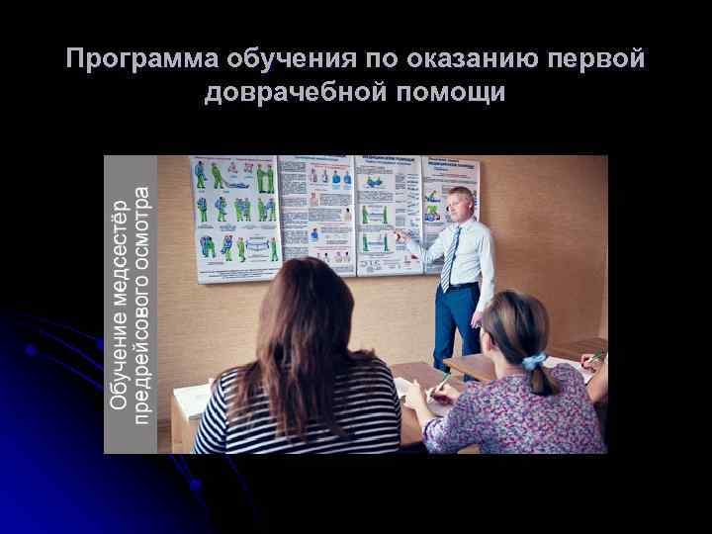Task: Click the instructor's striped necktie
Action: (451, 258)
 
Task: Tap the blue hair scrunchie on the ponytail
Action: (534, 362)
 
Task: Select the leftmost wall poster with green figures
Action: (234, 216)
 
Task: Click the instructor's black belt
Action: (460, 287)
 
